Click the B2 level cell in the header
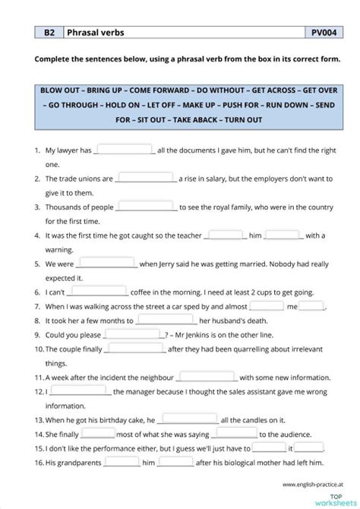(x=49, y=33)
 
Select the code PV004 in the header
(x=325, y=33)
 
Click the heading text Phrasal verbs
(x=96, y=33)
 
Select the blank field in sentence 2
(x=146, y=179)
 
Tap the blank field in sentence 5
(x=106, y=264)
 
